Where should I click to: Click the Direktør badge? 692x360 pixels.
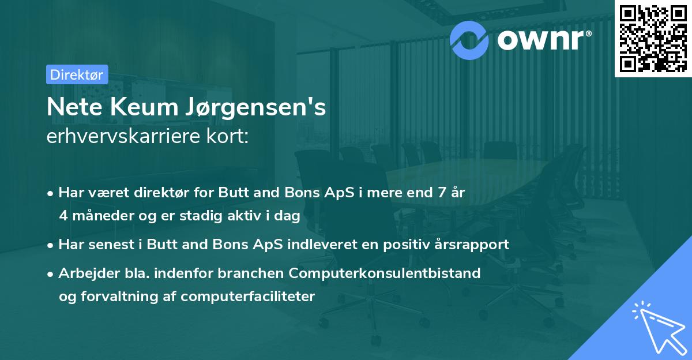pyautogui.click(x=77, y=74)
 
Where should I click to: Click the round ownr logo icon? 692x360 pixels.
pyautogui.click(x=469, y=39)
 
